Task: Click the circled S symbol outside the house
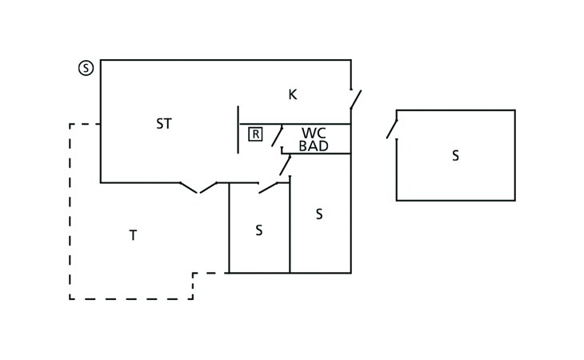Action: click(86, 68)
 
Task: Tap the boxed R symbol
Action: click(255, 134)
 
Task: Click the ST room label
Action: click(164, 123)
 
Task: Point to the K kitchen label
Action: click(293, 94)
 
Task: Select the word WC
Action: click(314, 133)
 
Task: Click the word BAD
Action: click(314, 146)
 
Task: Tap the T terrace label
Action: click(133, 235)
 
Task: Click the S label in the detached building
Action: click(455, 156)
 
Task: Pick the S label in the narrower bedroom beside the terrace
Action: click(259, 230)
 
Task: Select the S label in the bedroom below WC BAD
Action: click(319, 214)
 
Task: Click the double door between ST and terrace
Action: click(198, 188)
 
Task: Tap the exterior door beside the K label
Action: click(356, 99)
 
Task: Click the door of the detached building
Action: click(392, 129)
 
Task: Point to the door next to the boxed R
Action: click(277, 136)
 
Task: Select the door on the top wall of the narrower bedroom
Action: click(268, 188)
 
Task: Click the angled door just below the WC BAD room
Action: click(286, 166)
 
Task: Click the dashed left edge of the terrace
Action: click(70, 211)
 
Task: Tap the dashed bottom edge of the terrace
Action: click(131, 298)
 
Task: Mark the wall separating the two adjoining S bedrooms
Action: click(290, 225)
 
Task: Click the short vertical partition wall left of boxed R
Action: click(238, 130)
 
